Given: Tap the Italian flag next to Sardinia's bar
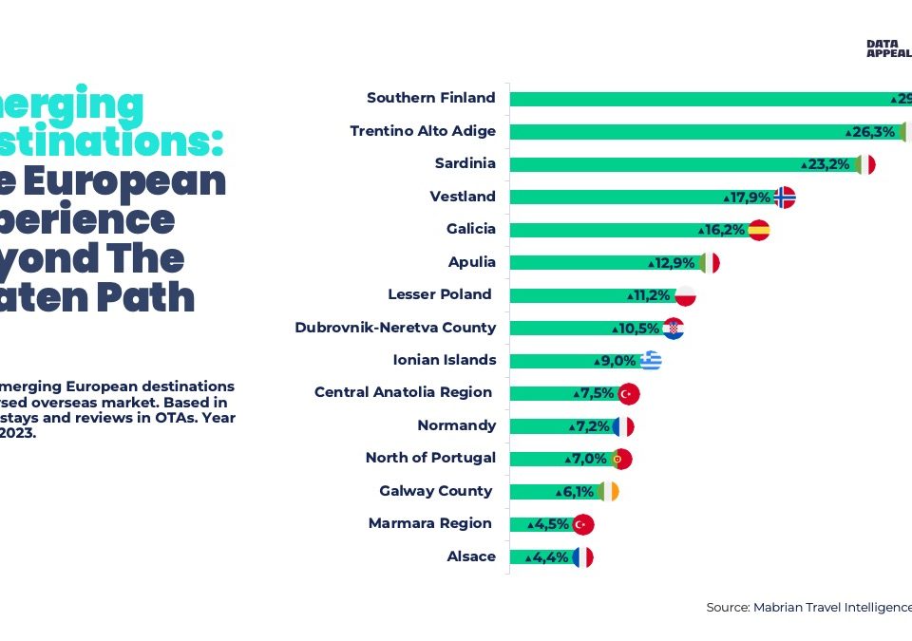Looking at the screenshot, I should point(864,164).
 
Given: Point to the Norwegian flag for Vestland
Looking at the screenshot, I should point(784,198).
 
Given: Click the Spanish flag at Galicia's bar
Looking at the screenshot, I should point(758,230).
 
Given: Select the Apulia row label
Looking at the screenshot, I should point(471,262).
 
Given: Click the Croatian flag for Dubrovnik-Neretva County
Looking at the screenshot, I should point(674,329).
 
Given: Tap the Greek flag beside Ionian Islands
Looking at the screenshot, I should point(650,361).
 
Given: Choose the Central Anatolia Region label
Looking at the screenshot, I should point(403,392).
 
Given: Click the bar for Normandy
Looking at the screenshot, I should point(560,426).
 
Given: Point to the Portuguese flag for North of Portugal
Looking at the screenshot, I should point(620,460).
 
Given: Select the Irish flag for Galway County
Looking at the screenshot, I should point(607,492).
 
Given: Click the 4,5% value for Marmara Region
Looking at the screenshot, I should point(552,524).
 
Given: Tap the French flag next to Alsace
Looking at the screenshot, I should point(582,557).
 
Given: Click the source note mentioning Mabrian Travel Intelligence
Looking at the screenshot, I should point(808,607).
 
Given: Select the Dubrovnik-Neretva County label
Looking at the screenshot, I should point(395,328).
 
